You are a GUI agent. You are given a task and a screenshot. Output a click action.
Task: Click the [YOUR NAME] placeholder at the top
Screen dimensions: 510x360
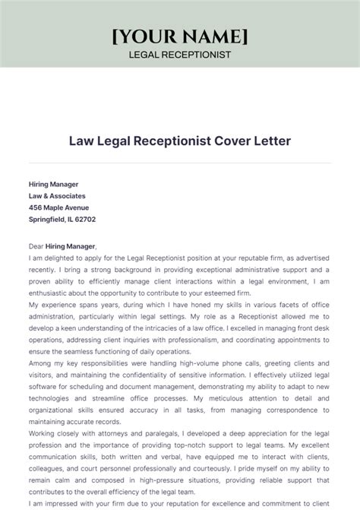pos(180,36)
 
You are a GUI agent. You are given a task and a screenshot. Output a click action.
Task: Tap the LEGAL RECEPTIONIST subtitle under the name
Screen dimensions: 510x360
pos(180,55)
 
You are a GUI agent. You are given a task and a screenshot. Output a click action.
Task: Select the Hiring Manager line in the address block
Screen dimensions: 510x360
pos(53,184)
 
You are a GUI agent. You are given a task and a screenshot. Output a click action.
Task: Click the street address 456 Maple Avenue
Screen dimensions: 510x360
pos(58,207)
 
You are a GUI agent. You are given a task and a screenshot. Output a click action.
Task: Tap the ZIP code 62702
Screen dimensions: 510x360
pos(84,219)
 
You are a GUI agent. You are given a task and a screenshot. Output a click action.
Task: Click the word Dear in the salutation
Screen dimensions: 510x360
pos(36,246)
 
